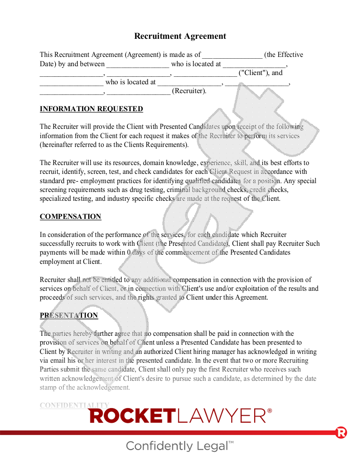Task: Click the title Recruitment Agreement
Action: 180,36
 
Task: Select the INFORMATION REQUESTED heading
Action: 91,109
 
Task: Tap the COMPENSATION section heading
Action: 71,217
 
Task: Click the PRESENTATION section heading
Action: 69,316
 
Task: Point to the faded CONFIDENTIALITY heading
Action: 74,405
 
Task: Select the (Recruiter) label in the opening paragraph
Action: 189,91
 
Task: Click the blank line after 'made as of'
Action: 232,55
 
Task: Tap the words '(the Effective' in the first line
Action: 284,55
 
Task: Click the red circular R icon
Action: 341,432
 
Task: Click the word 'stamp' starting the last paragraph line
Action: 49,387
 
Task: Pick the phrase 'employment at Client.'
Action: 71,262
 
